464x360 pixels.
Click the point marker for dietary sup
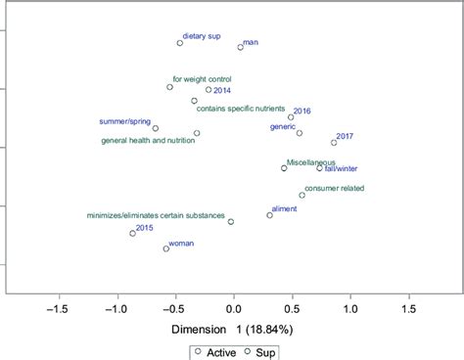(x=180, y=43)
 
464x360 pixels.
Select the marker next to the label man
(x=241, y=47)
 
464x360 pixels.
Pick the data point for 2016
(x=291, y=117)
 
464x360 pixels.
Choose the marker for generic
(x=300, y=133)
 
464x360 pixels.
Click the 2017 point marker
(x=334, y=143)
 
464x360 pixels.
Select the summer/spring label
(x=125, y=122)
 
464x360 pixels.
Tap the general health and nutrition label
(x=148, y=141)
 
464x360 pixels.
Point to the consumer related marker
(x=302, y=195)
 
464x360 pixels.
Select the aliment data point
(x=270, y=214)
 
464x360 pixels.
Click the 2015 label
(x=145, y=228)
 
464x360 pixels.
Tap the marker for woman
(x=165, y=248)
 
